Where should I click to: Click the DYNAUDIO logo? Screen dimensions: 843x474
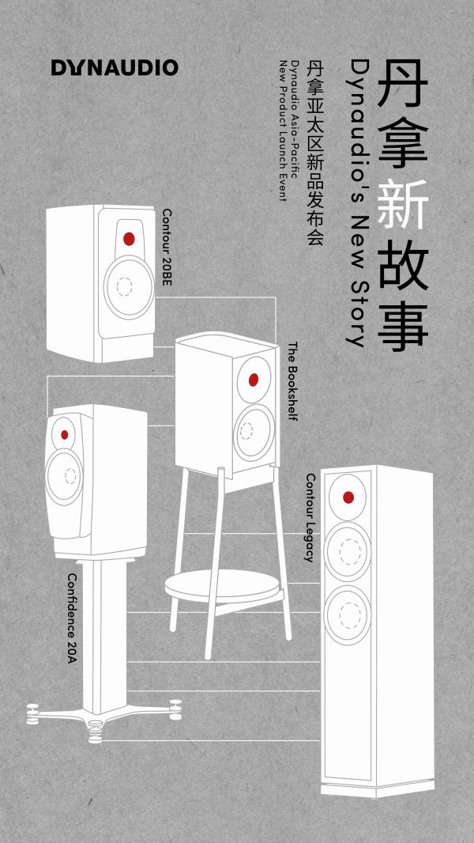115,68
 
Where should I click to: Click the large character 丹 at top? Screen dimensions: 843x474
403,84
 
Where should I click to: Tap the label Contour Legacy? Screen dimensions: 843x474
310,518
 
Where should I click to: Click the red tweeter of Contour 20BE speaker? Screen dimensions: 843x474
129,239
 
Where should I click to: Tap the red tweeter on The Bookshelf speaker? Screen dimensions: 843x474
254,380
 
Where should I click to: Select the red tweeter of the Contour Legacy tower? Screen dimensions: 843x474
348,497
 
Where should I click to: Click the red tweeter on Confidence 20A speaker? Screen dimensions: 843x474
64,434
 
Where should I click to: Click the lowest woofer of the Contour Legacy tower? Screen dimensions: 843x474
348,613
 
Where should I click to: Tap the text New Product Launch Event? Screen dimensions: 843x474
282,130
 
